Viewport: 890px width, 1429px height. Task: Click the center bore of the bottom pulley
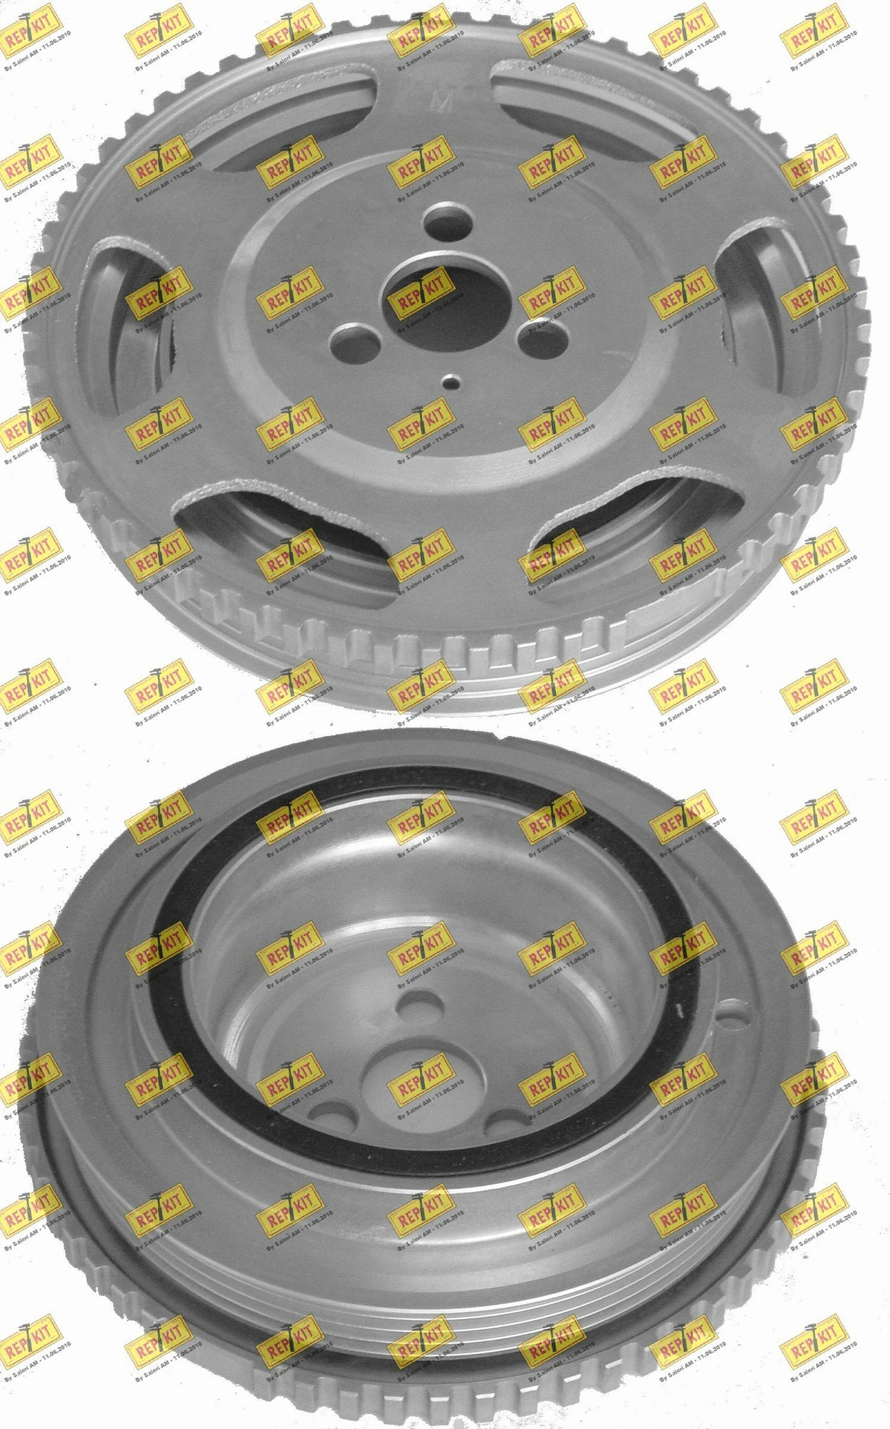(407, 1072)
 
